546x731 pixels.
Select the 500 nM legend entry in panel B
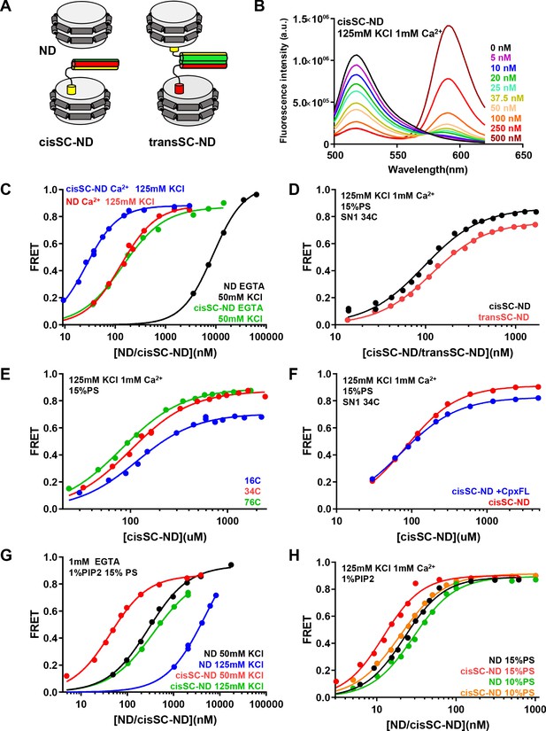tap(505, 138)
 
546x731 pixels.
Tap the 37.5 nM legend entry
tap(507, 97)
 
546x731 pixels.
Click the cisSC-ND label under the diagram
tap(65, 141)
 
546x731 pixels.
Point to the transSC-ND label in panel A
tap(182, 141)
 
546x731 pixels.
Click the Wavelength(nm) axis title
tap(427, 169)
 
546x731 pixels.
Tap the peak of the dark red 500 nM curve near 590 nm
tap(450, 26)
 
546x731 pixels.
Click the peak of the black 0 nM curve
tap(357, 55)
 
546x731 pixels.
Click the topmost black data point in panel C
tap(256, 194)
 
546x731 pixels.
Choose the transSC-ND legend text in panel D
tap(504, 316)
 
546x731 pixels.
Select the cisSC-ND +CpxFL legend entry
tap(490, 491)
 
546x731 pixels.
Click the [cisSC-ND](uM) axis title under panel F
tap(438, 537)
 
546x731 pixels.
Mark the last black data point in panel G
tap(231, 565)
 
